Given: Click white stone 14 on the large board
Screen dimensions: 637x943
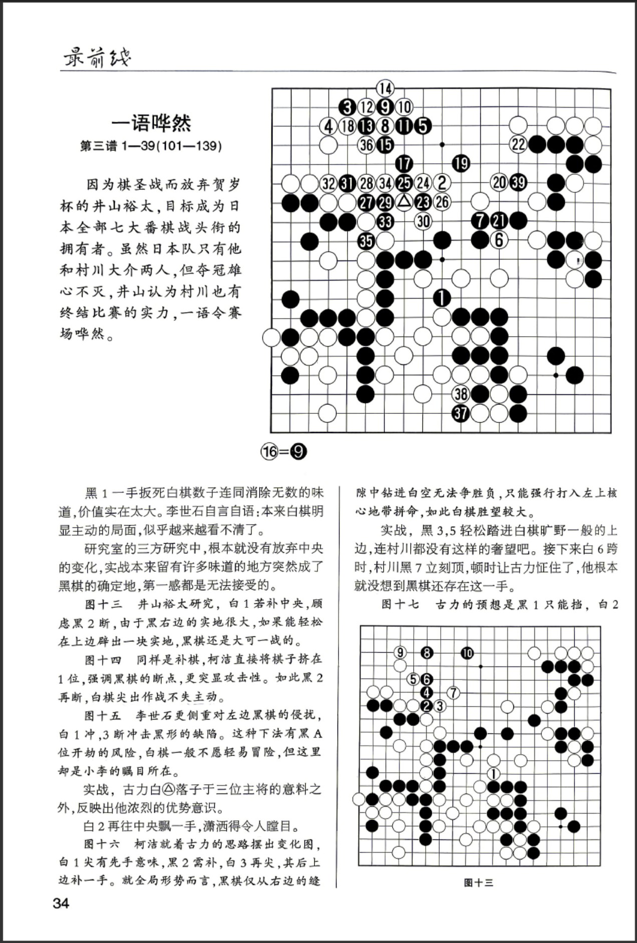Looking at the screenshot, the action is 385,89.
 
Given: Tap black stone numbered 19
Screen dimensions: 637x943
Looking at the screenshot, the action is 461,163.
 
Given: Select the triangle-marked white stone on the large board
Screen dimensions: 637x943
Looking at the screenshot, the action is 404,202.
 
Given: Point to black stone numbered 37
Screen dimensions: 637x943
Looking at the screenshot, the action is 461,413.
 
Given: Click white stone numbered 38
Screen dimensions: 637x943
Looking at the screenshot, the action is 461,394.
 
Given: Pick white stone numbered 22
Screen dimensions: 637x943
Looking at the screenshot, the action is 518,145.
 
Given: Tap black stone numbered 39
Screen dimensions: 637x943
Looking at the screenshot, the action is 518,182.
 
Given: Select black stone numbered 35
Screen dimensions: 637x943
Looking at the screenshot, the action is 366,241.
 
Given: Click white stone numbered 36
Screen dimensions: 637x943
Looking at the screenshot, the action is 366,145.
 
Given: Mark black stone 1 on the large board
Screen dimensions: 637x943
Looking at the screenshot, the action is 442,298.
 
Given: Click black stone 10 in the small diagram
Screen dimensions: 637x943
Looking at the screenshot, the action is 467,653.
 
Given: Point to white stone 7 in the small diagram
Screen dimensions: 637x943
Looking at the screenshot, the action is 453,693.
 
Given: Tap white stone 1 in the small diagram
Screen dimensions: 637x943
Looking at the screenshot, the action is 493,774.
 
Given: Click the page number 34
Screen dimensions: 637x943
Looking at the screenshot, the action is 61,903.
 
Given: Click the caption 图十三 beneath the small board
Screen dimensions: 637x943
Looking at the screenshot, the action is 478,883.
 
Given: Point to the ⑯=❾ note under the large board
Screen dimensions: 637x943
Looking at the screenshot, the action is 283,451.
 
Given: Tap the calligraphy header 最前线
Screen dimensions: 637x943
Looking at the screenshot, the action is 97,59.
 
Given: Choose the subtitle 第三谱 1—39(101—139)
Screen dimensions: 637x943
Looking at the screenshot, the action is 151,146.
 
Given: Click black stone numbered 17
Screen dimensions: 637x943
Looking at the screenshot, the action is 404,163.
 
